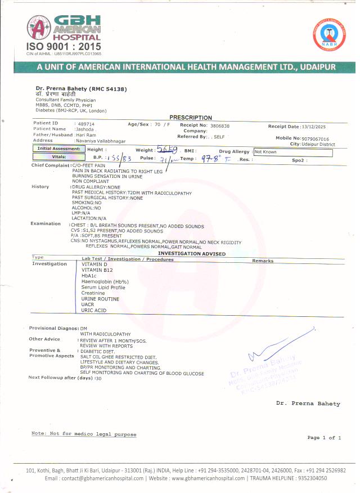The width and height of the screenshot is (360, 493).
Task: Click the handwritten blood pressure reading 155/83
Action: pyautogui.click(x=120, y=159)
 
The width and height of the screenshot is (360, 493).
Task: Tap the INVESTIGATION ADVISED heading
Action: pyautogui.click(x=188, y=254)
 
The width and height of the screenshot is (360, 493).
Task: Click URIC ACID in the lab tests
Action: pyautogui.click(x=94, y=311)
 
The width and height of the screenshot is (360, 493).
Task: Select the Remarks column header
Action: pyautogui.click(x=263, y=261)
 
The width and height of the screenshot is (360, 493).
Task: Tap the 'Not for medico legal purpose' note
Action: pyautogui.click(x=84, y=434)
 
